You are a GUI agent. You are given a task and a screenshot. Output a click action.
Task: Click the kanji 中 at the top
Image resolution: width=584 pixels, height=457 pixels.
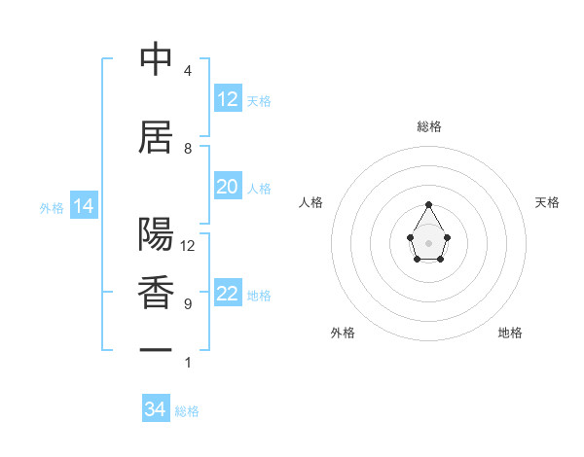(x=156, y=60)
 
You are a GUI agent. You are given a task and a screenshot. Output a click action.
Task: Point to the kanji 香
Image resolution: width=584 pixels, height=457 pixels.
(x=156, y=293)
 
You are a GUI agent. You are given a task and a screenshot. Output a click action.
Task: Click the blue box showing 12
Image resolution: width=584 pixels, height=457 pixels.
(x=227, y=99)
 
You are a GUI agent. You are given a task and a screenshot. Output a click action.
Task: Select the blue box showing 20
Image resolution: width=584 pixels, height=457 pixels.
(x=227, y=188)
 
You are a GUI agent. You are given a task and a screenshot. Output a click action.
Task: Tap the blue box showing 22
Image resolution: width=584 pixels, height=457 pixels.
(x=227, y=295)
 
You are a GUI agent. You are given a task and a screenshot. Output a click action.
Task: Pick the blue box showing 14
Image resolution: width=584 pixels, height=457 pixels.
(x=83, y=206)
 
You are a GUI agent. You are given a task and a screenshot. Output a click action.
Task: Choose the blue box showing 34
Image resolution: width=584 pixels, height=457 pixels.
(x=155, y=409)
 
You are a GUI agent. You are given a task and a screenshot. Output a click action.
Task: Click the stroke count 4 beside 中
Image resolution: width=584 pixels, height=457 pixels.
(x=188, y=71)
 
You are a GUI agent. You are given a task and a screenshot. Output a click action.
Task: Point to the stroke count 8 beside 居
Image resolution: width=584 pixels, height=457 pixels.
(x=188, y=149)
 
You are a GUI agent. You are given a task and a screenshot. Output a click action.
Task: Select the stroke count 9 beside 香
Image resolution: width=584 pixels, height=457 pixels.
(x=188, y=304)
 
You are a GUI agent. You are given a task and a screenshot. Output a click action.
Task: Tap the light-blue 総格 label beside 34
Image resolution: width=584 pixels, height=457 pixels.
(x=187, y=411)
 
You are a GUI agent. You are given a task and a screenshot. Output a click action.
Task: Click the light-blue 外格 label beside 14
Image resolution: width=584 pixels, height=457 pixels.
(x=52, y=207)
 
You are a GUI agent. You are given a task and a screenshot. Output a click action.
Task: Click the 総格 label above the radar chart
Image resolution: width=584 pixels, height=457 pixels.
(x=429, y=126)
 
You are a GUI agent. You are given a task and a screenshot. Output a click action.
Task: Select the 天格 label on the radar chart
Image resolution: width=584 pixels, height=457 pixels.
(x=548, y=202)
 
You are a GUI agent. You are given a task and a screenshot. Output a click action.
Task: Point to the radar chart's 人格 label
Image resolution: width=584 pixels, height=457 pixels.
(x=310, y=202)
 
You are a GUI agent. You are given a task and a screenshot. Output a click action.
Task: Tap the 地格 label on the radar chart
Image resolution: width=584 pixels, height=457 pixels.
(x=510, y=333)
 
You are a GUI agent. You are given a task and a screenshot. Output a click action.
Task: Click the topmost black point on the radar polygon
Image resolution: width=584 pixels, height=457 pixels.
(x=429, y=204)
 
